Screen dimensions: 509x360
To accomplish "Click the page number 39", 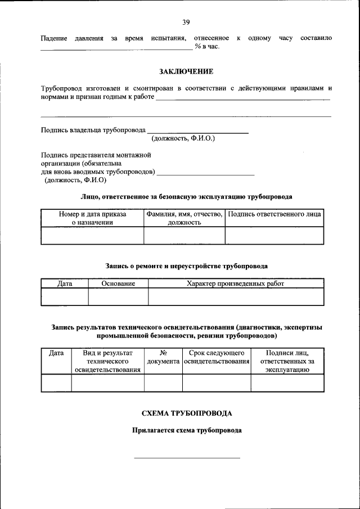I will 186,22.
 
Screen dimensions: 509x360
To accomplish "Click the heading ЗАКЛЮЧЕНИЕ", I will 186,71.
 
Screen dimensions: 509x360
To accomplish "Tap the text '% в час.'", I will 207,46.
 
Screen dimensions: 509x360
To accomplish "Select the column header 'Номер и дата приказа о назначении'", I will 92,218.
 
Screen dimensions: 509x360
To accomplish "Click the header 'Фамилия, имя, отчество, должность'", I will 184,218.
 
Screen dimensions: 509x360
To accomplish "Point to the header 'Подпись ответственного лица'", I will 274,214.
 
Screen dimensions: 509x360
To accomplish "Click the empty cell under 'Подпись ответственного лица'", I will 274,235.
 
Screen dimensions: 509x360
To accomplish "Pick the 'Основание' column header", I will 118,284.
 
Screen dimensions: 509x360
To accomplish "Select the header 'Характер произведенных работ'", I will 236,284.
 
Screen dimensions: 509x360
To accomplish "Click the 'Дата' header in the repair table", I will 65,284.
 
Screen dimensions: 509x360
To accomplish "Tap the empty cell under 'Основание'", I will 118,296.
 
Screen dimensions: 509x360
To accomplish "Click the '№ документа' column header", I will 163,357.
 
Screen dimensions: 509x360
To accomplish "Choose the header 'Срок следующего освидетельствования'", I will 217,357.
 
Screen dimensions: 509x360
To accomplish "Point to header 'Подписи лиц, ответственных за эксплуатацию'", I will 287,361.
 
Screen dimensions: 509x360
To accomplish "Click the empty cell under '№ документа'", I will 163,383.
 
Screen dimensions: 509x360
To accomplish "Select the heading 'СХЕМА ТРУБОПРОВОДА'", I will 186,413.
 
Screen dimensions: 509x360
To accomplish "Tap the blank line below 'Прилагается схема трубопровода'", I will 187,457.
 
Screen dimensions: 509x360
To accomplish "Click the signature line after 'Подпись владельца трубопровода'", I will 197,132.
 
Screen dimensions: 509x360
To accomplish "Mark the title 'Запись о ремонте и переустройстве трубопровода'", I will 186,265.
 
